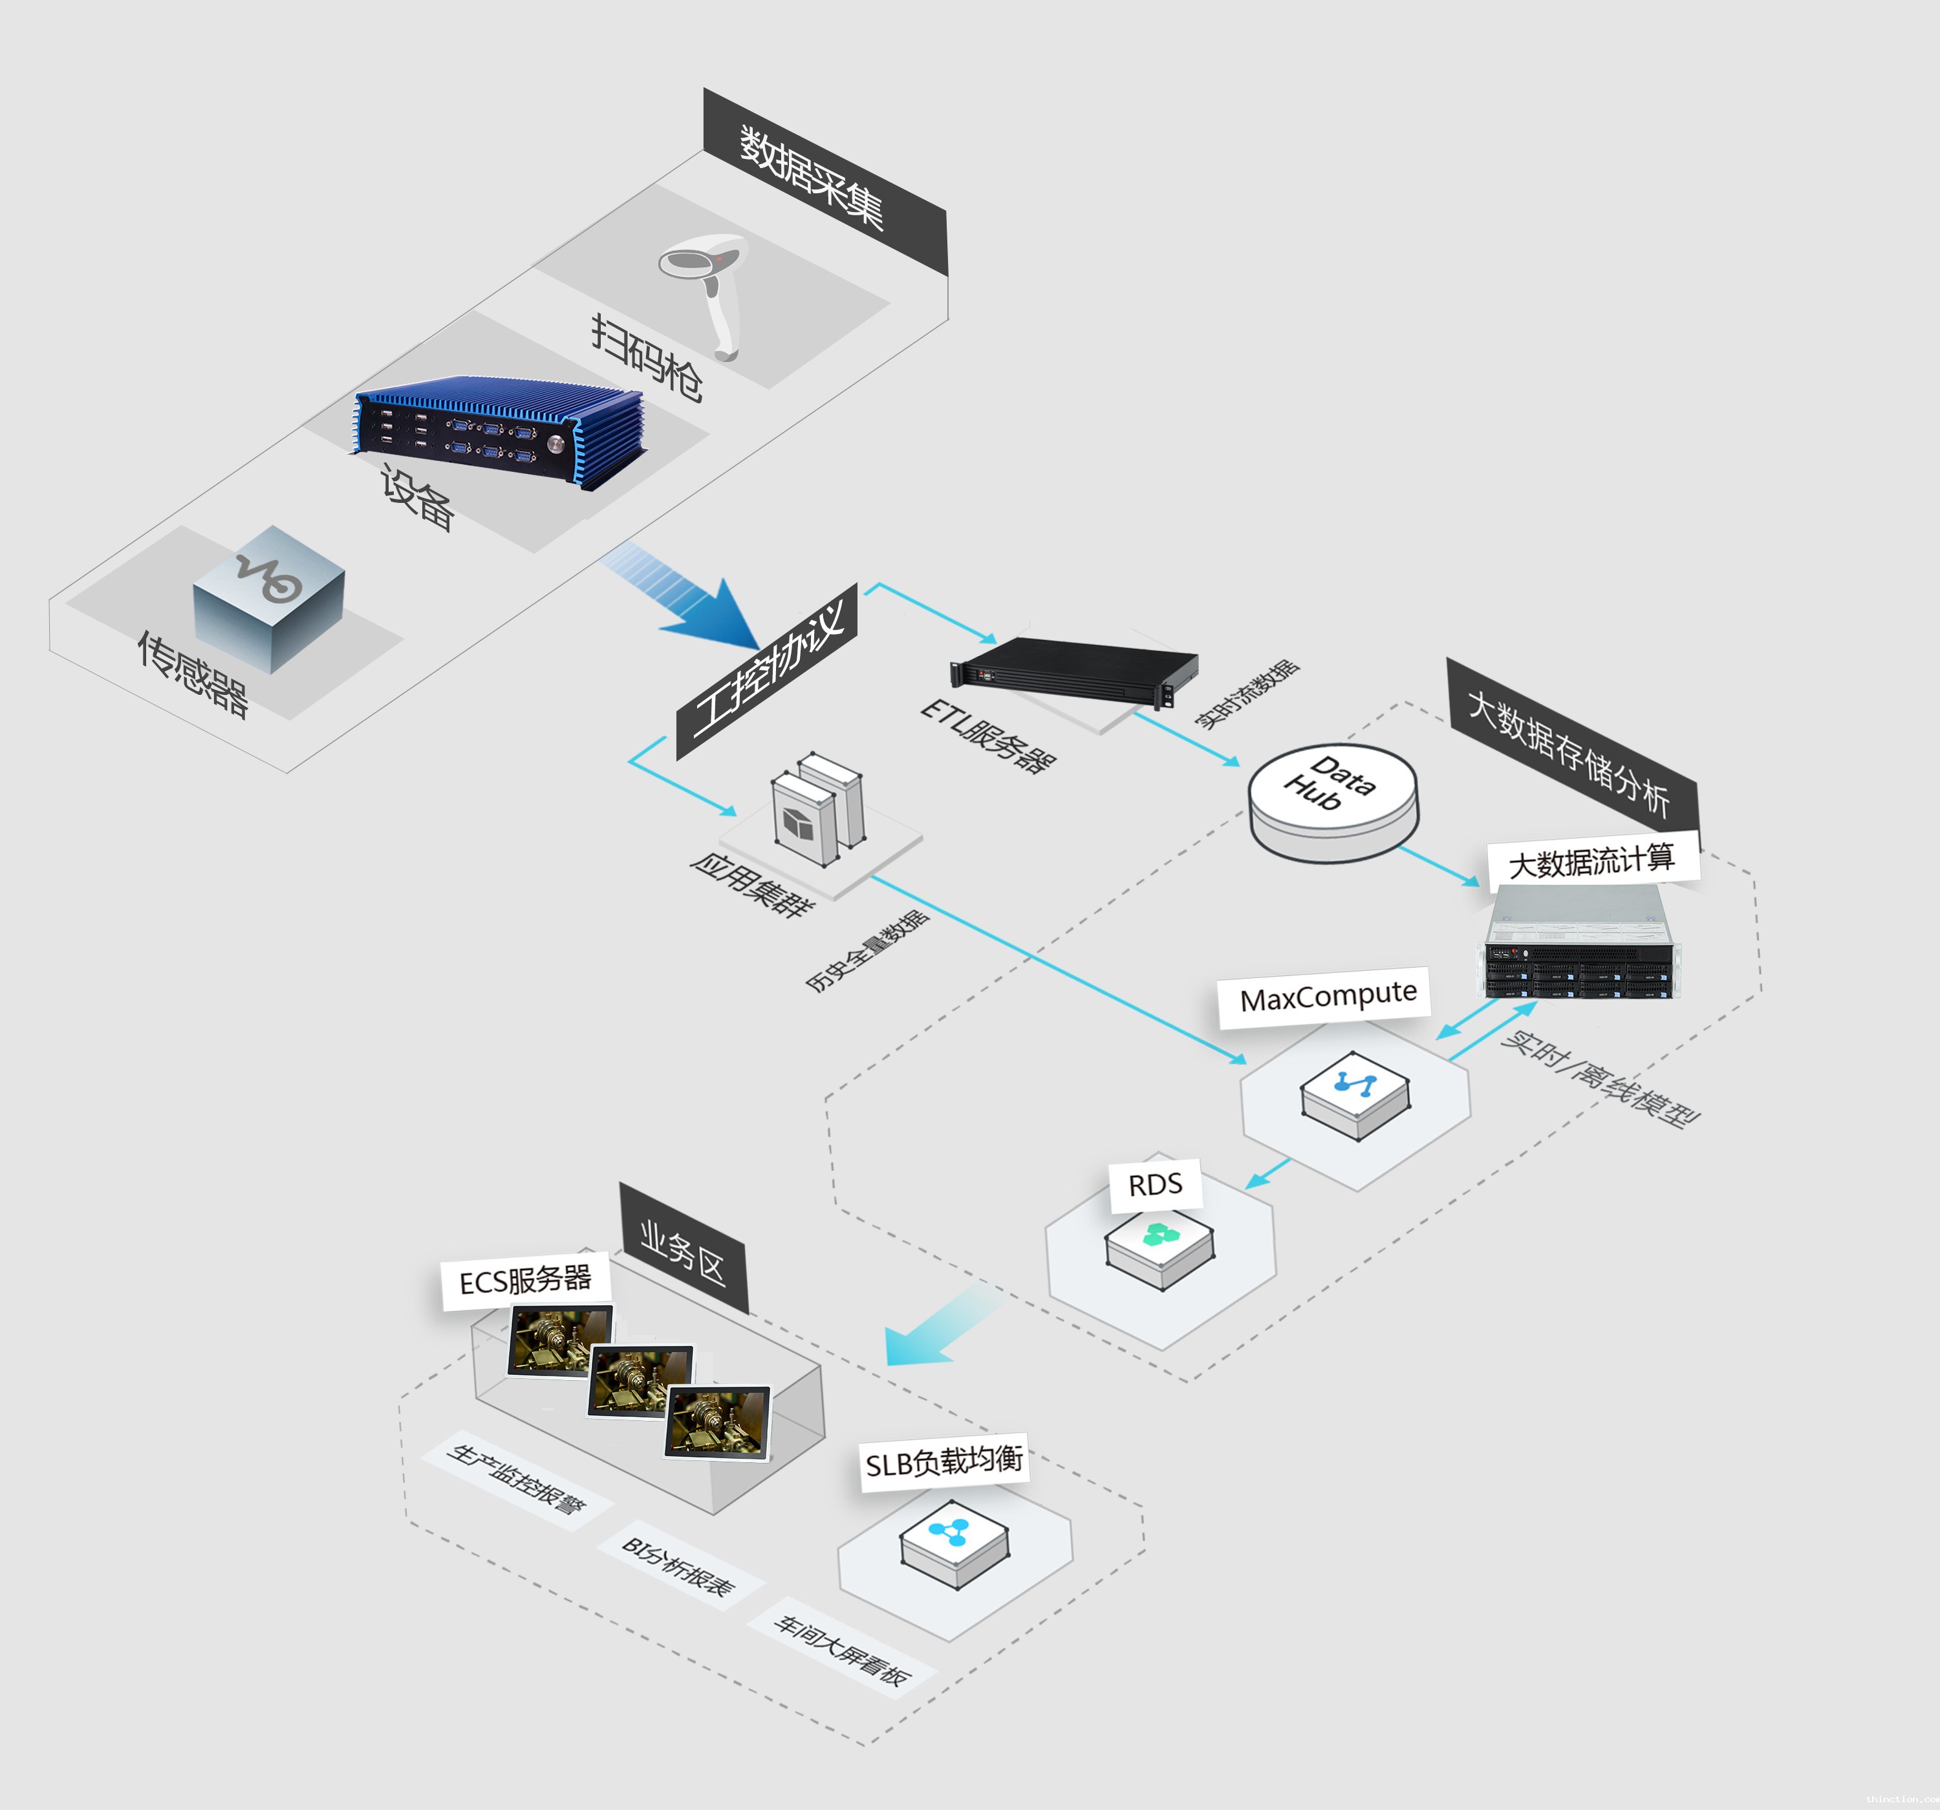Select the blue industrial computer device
pyautogui.click(x=498, y=429)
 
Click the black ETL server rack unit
pyautogui.click(x=1074, y=669)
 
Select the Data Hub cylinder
pyautogui.click(x=1333, y=800)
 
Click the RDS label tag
pyautogui.click(x=1154, y=1184)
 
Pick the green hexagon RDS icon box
pyautogui.click(x=1159, y=1247)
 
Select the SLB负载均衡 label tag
pyautogui.click(x=943, y=1462)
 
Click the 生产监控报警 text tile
pyautogui.click(x=517, y=1479)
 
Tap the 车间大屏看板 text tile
pyautogui.click(x=841, y=1649)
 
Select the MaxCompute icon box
pyautogui.click(x=1355, y=1094)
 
